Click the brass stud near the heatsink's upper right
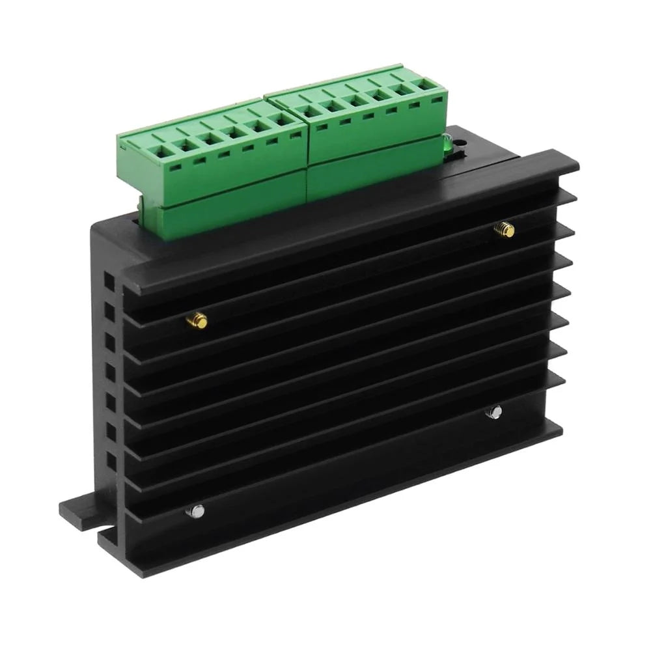pos(504,229)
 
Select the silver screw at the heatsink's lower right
pos(495,411)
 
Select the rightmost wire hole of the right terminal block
pos(426,85)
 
